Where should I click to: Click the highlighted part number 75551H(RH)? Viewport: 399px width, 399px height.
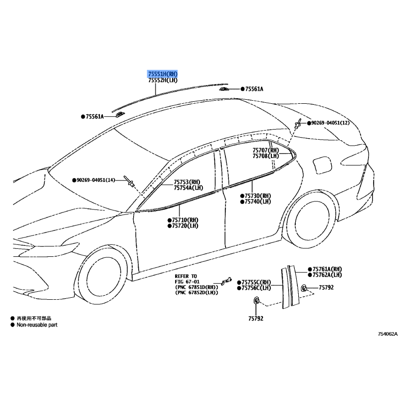163,74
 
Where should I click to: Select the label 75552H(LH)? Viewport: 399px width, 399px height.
163,80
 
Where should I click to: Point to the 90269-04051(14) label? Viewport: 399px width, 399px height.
96,180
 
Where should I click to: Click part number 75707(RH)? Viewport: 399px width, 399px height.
266,151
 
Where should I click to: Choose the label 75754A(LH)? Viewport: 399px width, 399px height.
189,188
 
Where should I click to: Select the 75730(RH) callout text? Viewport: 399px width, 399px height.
258,196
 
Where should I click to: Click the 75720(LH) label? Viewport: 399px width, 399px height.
185,226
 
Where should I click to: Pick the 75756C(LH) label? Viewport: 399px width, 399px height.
256,288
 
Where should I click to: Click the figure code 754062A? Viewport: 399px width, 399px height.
388,334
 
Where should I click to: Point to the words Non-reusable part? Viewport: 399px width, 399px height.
37,325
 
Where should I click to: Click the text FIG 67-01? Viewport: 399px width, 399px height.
187,282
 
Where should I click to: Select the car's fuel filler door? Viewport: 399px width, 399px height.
322,166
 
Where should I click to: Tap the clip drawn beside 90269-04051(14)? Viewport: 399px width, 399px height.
129,181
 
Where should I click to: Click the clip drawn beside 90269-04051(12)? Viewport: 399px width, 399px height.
297,124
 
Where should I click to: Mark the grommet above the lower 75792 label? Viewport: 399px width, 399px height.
256,301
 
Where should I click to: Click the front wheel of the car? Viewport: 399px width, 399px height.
104,277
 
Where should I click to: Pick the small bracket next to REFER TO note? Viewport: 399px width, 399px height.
226,281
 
